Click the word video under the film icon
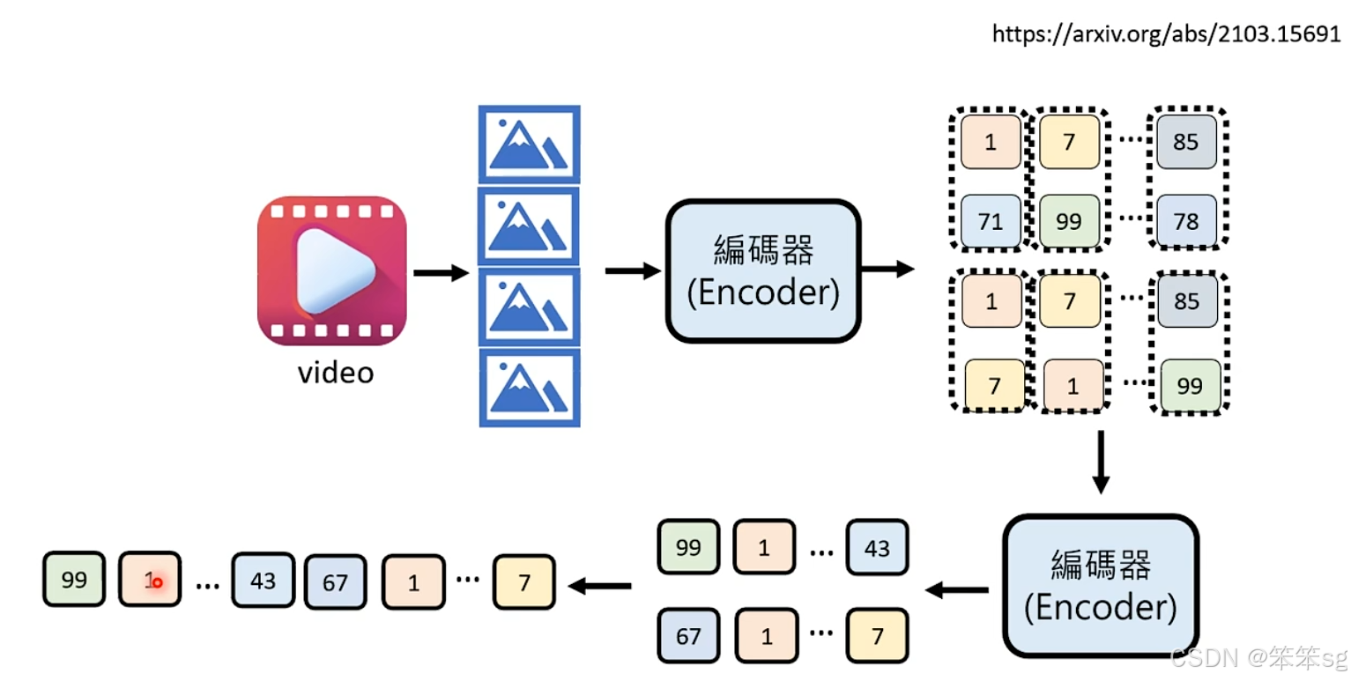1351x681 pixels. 336,373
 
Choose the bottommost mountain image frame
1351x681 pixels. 529,388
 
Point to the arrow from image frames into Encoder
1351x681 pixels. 632,271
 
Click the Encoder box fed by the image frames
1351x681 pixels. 762,270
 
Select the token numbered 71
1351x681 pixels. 991,221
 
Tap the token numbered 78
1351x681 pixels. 1186,221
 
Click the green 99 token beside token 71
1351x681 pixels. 1069,221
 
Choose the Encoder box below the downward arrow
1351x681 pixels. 1101,586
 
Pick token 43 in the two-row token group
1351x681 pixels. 877,548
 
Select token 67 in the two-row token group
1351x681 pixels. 688,634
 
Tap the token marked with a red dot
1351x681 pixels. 150,581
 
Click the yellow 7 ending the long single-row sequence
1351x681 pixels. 524,582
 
